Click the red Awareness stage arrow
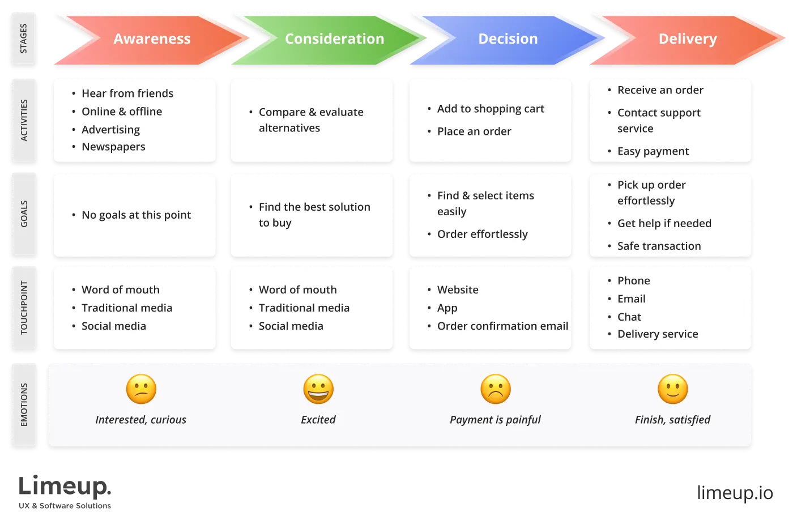click(152, 39)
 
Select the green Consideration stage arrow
click(334, 39)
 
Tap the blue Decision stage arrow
click(508, 39)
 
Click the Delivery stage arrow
click(687, 39)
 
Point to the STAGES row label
click(24, 39)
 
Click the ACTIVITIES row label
click(24, 120)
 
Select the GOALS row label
click(24, 214)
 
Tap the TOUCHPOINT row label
click(24, 307)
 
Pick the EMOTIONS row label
click(24, 404)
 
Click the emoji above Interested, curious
click(141, 389)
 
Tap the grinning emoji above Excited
click(318, 389)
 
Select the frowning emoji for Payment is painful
click(496, 389)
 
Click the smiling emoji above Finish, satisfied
click(673, 389)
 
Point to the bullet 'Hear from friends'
click(127, 93)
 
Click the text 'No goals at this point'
click(136, 215)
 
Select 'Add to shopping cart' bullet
click(491, 109)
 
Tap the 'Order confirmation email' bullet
click(502, 326)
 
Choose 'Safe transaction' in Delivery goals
click(659, 246)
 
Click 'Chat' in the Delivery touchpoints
click(629, 317)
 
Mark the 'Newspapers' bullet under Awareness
click(113, 147)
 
